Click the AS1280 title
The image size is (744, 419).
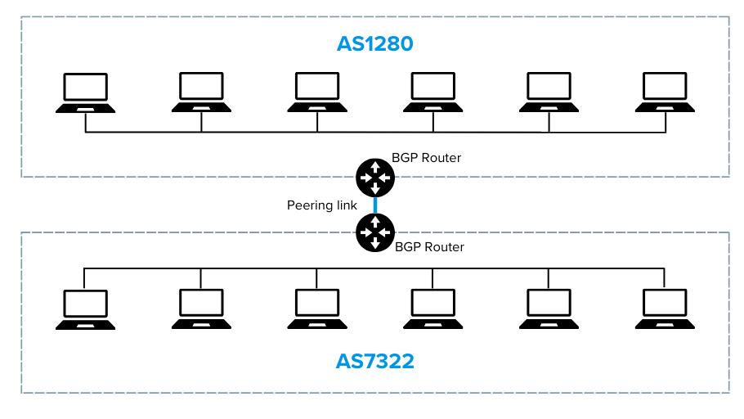[x=375, y=43]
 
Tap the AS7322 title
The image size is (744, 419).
[x=375, y=360]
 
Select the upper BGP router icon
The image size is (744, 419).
[x=375, y=176]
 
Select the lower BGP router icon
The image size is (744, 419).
[x=375, y=232]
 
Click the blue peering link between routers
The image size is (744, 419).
[x=375, y=205]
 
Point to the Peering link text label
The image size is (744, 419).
[x=321, y=205]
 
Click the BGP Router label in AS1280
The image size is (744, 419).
[x=427, y=157]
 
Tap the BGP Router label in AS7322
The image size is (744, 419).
[x=429, y=246]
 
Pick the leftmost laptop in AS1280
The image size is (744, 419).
[x=86, y=92]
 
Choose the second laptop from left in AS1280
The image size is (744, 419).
[x=201, y=92]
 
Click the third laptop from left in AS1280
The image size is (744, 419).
[x=317, y=92]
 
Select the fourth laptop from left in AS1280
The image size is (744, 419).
[x=433, y=92]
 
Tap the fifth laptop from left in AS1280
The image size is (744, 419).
[x=549, y=92]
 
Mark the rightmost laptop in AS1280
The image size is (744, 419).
[x=665, y=92]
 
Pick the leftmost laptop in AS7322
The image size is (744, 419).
[x=86, y=309]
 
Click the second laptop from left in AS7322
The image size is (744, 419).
[x=201, y=309]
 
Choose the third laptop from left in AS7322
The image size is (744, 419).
[x=317, y=309]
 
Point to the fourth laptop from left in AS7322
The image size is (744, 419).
[x=433, y=309]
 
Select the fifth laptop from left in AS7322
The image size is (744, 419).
[x=549, y=309]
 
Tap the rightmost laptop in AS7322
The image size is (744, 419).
[x=665, y=309]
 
